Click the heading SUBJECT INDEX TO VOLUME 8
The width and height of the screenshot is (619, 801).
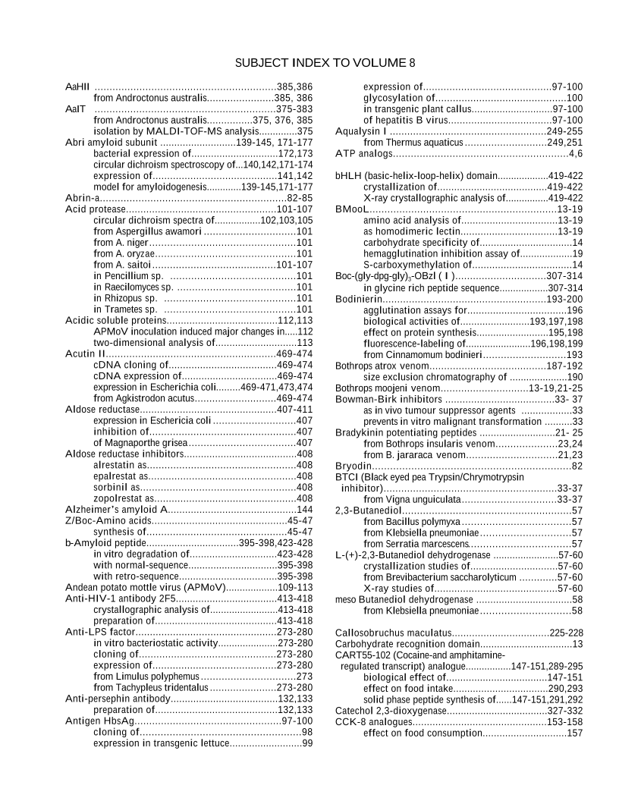coord(325,62)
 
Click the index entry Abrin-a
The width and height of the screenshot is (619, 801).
coord(83,197)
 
